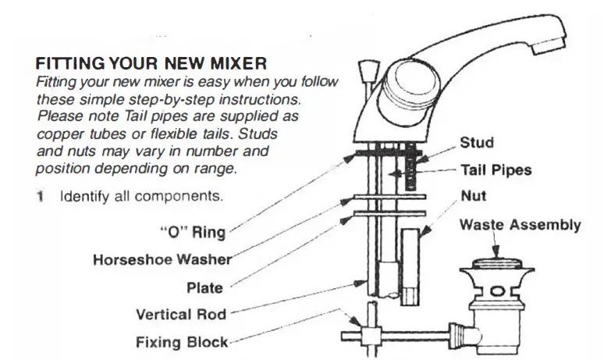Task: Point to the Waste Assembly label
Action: [x=520, y=225]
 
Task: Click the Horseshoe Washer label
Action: [x=161, y=259]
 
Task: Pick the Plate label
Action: [x=204, y=287]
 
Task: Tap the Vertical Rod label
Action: [x=180, y=315]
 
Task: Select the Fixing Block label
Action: [x=182, y=342]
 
